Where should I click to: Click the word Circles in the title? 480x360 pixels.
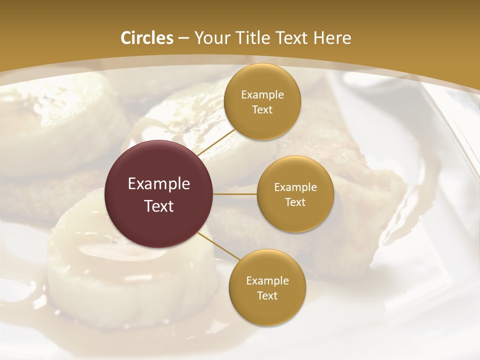click(x=147, y=38)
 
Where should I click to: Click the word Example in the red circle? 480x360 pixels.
click(x=159, y=184)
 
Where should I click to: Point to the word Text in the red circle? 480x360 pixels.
click(x=159, y=206)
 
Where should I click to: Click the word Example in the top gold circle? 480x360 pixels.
click(x=262, y=95)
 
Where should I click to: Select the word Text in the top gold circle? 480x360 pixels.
click(x=262, y=110)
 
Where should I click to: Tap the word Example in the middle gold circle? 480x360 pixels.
click(x=295, y=187)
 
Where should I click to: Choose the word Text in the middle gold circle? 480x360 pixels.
click(x=295, y=202)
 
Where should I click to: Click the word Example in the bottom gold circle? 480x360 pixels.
click(x=267, y=281)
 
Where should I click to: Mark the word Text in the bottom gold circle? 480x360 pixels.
click(x=267, y=296)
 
